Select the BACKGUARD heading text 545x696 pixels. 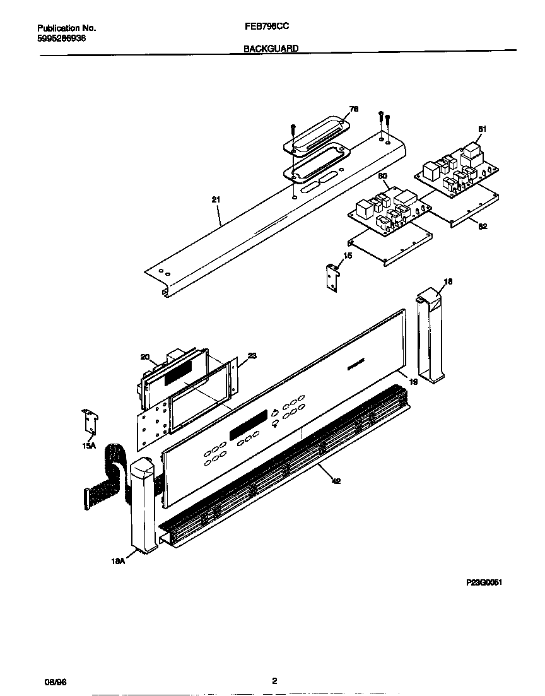271,48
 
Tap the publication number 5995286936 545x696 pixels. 62,38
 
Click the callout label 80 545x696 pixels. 382,176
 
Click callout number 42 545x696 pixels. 336,481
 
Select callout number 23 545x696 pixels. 252,356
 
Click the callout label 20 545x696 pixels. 144,357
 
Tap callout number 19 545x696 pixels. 414,382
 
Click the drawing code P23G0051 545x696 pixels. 484,583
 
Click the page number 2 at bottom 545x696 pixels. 274,681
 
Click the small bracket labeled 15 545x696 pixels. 331,276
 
